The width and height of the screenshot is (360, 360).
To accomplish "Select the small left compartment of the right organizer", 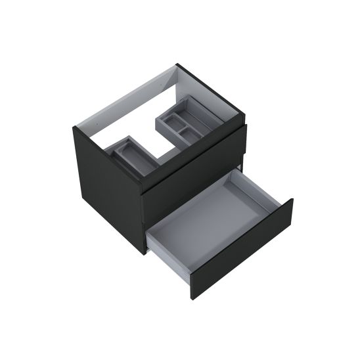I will (x=169, y=122).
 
